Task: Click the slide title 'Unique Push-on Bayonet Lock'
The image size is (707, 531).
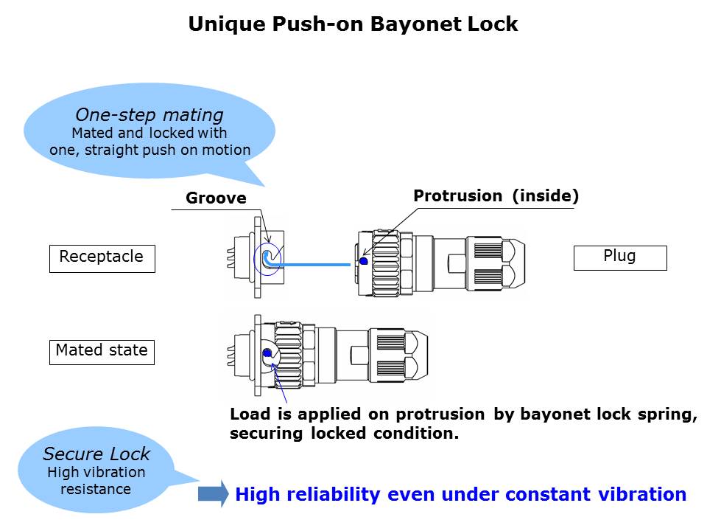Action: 353,24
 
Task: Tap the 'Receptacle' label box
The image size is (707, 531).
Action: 102,257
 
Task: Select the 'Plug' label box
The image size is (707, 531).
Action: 619,257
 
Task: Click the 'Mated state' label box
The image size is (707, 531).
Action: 102,350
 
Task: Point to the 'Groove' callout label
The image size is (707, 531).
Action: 216,198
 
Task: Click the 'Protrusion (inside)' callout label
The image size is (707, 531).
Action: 496,196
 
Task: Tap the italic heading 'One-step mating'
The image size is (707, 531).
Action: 150,115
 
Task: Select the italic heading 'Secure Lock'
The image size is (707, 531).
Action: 96,454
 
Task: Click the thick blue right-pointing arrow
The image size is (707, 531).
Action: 214,494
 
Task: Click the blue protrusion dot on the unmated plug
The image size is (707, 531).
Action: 364,261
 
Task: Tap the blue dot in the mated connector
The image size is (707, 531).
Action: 267,353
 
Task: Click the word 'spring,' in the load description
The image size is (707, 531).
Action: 666,414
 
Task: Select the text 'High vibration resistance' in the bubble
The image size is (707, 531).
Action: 96,480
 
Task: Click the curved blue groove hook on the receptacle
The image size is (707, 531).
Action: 267,257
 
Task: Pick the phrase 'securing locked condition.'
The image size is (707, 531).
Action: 344,434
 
